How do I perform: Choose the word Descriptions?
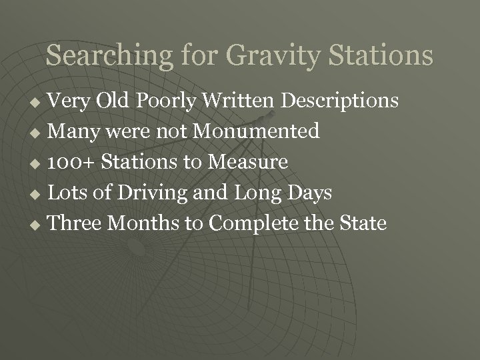pos(340,101)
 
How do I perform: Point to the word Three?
pos(75,222)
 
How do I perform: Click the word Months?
pos(143,222)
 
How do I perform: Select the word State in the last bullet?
pos(363,222)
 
